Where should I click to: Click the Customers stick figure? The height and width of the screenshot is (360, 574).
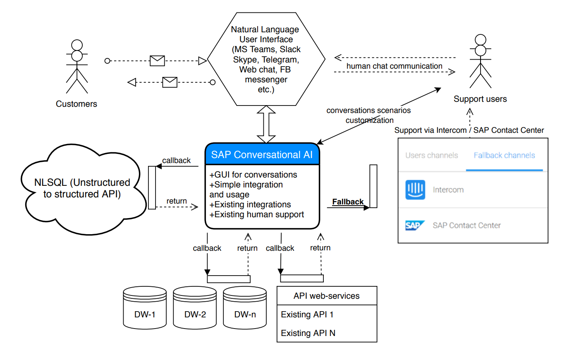pyautogui.click(x=77, y=66)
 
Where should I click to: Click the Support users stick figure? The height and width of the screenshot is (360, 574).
pyautogui.click(x=480, y=61)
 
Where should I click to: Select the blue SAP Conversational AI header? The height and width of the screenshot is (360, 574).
pyautogui.click(x=262, y=155)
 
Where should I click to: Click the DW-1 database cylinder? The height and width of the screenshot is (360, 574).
pyautogui.click(x=145, y=308)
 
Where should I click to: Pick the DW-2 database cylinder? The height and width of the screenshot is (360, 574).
pyautogui.click(x=195, y=308)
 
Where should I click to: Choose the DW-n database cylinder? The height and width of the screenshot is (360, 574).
pyautogui.click(x=245, y=308)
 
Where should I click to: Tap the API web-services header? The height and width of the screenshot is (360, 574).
pyautogui.click(x=327, y=296)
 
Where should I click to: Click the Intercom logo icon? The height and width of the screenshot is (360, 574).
pyautogui.click(x=415, y=190)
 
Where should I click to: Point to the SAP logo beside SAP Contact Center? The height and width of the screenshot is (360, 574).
pyautogui.click(x=414, y=226)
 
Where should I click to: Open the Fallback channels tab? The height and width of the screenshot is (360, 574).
pyautogui.click(x=504, y=156)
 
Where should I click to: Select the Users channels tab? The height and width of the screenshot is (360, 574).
pyautogui.click(x=432, y=156)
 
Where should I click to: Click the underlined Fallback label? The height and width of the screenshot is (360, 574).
pyautogui.click(x=348, y=202)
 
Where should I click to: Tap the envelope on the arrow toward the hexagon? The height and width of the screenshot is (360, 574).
pyautogui.click(x=157, y=61)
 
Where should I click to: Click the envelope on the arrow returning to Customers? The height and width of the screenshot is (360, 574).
pyautogui.click(x=170, y=82)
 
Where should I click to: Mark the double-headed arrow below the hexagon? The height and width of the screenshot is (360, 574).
pyautogui.click(x=266, y=124)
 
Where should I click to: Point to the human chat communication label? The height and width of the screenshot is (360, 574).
pyautogui.click(x=394, y=66)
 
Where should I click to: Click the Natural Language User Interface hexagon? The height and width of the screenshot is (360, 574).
pyautogui.click(x=266, y=59)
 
